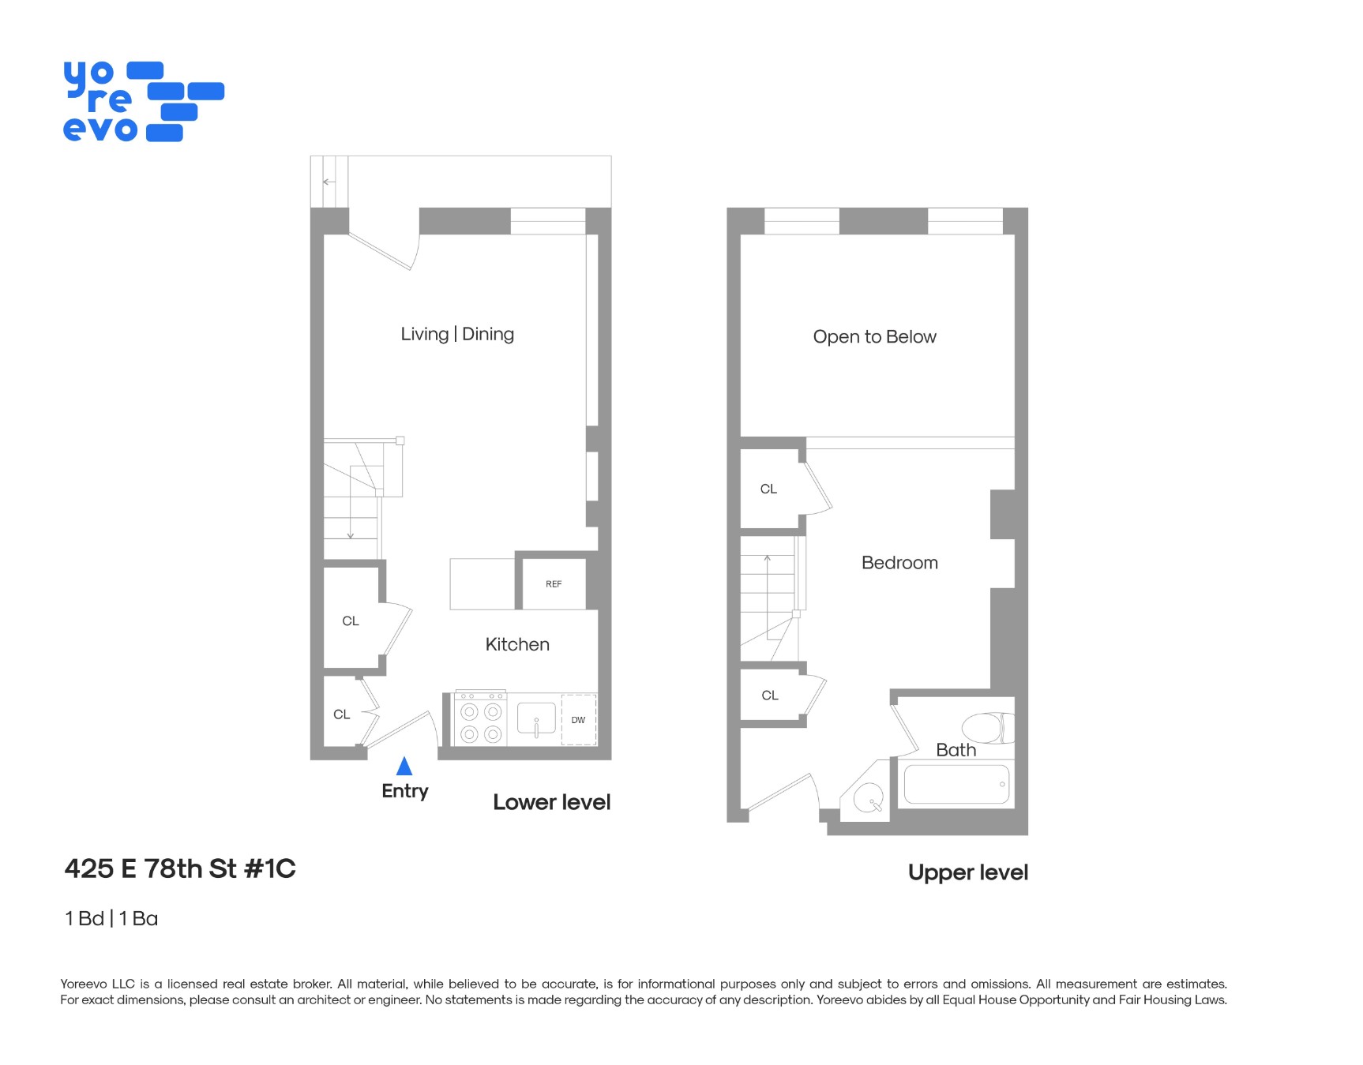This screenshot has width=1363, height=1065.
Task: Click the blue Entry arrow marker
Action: click(x=404, y=766)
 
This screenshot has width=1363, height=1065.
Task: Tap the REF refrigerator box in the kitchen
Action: click(x=554, y=584)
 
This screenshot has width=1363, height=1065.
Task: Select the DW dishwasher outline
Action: click(x=578, y=719)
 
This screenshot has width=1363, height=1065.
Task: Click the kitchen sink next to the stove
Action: click(x=536, y=719)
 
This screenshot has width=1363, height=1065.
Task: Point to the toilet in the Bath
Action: click(x=986, y=727)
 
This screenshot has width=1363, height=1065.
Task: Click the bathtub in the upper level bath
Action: click(x=956, y=785)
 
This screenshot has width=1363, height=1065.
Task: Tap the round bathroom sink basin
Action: click(x=867, y=798)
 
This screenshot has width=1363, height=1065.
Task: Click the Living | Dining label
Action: click(x=457, y=334)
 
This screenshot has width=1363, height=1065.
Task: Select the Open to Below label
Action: click(x=874, y=337)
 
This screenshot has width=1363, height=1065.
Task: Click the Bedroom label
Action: click(x=899, y=563)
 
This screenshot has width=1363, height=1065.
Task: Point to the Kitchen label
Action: click(x=517, y=644)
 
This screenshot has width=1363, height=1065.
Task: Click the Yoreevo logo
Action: click(x=143, y=102)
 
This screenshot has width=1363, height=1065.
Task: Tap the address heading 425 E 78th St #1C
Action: click(x=180, y=868)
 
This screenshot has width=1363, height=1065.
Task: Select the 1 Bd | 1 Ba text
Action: click(x=111, y=918)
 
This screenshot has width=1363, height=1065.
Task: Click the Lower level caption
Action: click(x=551, y=802)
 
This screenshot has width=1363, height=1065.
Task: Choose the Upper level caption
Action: click(x=967, y=872)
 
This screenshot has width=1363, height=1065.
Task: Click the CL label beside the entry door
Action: click(x=341, y=714)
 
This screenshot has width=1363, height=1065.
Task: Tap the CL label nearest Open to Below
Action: click(x=768, y=489)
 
